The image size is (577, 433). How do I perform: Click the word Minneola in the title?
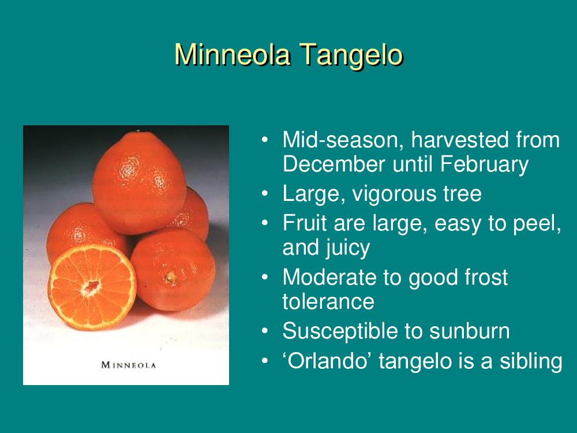click(233, 55)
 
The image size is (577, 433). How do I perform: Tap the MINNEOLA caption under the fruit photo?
click(129, 365)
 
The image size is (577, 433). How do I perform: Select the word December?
click(334, 164)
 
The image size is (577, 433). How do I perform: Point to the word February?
click(484, 165)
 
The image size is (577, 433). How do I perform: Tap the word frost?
click(486, 277)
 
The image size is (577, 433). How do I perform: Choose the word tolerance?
click(328, 301)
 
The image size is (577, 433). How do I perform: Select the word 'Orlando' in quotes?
click(327, 360)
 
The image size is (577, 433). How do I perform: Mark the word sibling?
click(531, 361)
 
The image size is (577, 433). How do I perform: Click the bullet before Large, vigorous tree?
click(265, 194)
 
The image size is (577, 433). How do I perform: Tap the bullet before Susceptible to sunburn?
click(265, 331)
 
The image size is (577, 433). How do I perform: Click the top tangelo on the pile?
click(139, 182)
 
